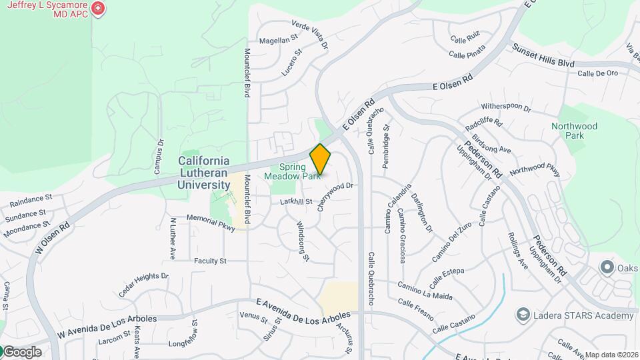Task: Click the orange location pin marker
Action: pos(320,159)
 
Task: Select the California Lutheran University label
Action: pos(204,173)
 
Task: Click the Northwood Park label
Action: pos(574,131)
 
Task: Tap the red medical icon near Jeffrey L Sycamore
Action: pos(99,9)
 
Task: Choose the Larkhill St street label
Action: pos(296,201)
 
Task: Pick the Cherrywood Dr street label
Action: pos(335,196)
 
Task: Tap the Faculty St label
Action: pos(210,261)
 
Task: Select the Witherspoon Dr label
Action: pos(506,107)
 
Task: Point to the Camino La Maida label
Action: pos(425,291)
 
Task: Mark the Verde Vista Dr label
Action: pos(311,34)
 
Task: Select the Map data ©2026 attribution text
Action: pos(611,355)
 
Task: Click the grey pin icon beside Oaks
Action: pos(607,268)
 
